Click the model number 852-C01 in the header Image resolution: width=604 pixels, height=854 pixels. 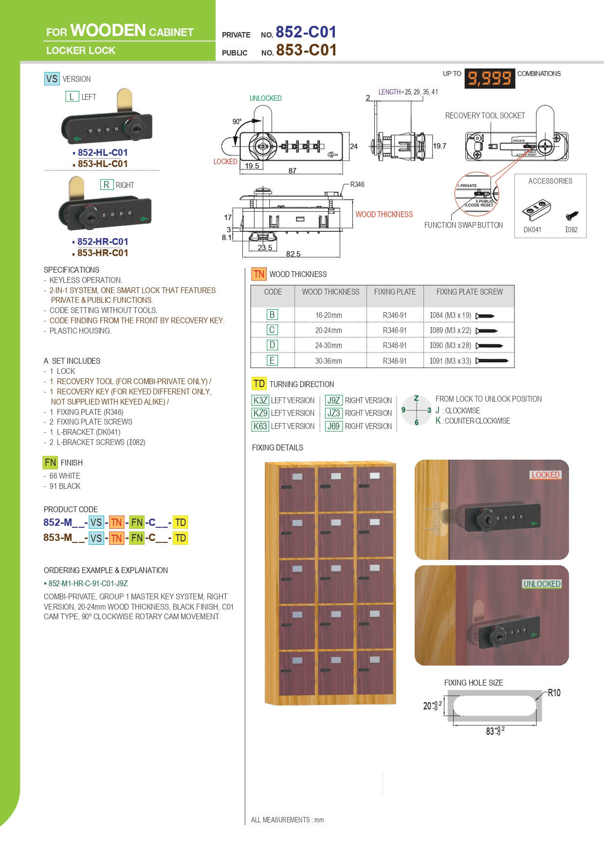click(306, 32)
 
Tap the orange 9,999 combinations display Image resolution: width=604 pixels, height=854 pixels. click(489, 78)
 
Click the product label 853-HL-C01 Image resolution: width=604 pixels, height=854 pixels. click(102, 164)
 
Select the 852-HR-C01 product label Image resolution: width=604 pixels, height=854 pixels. click(102, 241)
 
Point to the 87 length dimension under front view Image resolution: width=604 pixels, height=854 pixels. click(292, 171)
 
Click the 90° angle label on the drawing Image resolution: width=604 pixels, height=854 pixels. click(237, 122)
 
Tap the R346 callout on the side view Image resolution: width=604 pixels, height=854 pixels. click(357, 185)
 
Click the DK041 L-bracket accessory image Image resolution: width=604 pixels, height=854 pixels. click(536, 210)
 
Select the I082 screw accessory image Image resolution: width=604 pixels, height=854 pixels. click(572, 215)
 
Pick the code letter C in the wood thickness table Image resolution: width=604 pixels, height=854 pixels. click(272, 330)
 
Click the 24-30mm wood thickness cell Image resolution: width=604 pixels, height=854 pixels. click(329, 345)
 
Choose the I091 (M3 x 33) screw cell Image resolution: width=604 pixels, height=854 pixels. click(450, 361)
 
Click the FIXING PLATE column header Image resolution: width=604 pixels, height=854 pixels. click(395, 292)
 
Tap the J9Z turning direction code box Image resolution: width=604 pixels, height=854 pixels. click(333, 400)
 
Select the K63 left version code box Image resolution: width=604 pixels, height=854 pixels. click(260, 426)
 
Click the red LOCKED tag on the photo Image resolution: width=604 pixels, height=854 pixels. click(545, 475)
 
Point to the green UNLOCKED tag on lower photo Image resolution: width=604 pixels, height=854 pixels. click(542, 584)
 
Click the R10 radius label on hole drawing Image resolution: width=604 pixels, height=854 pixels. click(554, 693)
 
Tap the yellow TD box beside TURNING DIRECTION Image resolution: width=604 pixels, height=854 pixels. click(259, 384)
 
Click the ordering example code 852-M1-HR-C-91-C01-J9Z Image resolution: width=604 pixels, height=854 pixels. click(88, 583)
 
